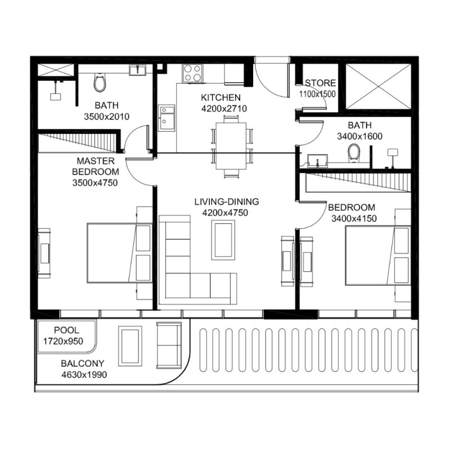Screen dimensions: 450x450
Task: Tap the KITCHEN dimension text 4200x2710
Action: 224,109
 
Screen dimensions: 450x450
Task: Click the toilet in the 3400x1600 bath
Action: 354,152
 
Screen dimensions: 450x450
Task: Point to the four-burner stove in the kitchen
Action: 192,73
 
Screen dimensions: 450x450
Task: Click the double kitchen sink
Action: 166,118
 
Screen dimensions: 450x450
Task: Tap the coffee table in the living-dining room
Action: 223,240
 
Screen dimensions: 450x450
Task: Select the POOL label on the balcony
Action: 66,330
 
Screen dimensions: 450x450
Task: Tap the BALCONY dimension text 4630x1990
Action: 84,374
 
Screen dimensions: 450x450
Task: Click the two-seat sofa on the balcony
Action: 169,345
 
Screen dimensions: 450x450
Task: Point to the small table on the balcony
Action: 129,345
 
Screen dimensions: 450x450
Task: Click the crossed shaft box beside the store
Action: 377,86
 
